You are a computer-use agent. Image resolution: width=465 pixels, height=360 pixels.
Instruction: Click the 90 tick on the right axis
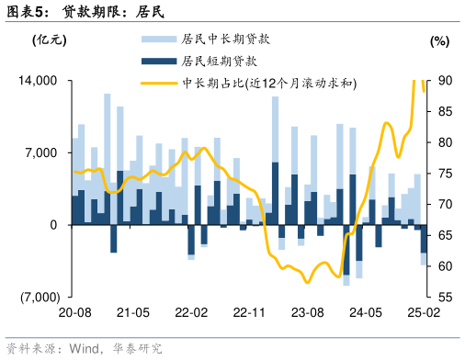coord(443,82)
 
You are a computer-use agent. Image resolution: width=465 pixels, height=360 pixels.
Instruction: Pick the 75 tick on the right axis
coord(443,174)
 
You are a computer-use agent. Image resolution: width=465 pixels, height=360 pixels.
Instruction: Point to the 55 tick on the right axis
coord(443,297)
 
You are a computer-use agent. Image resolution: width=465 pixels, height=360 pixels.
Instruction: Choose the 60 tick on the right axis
coord(443,266)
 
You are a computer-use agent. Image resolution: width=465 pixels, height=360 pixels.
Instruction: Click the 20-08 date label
coord(74,313)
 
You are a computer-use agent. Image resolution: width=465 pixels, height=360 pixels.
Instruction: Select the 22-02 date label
coord(190,313)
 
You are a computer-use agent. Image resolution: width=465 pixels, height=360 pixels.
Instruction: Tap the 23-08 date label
coord(306,313)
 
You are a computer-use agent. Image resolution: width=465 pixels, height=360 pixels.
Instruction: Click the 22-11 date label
coord(248,313)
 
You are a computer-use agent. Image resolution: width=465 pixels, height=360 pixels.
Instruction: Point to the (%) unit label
coord(439,40)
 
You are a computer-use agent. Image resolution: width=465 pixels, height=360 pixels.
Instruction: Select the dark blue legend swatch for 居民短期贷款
coord(158,61)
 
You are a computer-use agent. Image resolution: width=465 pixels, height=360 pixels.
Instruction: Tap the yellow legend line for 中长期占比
coord(158,83)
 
